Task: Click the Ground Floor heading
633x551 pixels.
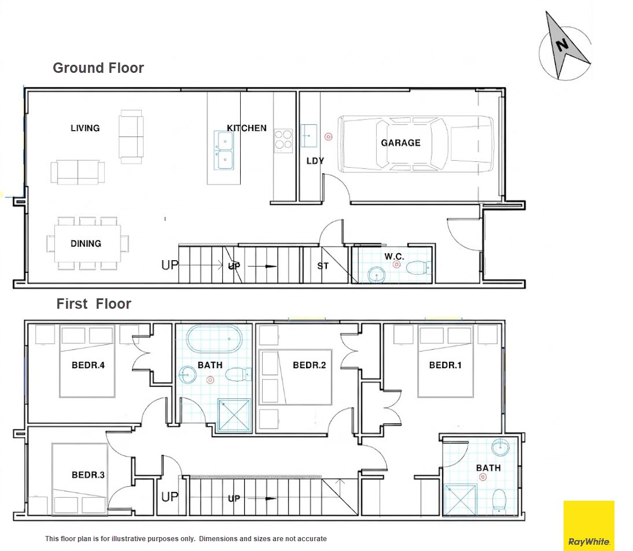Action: [x=98, y=68]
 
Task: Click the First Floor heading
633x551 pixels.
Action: [x=94, y=304]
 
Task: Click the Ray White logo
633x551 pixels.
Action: [x=588, y=525]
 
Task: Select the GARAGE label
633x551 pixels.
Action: [x=401, y=143]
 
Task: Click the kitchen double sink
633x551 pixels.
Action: [x=224, y=150]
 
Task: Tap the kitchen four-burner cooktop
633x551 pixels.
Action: [x=284, y=140]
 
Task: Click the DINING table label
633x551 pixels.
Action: [x=86, y=243]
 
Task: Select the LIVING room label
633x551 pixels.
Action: [x=85, y=128]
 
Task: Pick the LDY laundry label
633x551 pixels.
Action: [x=315, y=161]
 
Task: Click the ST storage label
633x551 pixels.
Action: [x=323, y=266]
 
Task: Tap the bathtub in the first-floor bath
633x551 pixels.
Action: [x=214, y=339]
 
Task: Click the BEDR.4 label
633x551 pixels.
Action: [x=88, y=365]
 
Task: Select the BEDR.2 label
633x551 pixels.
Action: [x=309, y=365]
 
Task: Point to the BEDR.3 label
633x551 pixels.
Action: [x=88, y=475]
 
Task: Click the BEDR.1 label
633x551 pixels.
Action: [x=446, y=365]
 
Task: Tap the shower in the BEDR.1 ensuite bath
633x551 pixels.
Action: [x=460, y=500]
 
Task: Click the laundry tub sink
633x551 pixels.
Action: [x=309, y=135]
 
